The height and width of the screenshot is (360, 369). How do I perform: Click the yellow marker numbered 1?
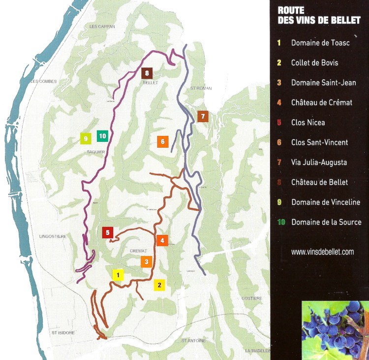[118, 275]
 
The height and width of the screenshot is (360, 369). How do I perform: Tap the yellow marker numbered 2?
[158, 284]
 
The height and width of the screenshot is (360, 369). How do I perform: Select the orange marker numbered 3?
[146, 262]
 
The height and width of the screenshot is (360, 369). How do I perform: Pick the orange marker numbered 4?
[162, 240]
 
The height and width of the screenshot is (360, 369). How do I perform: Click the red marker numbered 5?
[108, 232]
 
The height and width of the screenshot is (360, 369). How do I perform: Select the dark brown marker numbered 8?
[147, 73]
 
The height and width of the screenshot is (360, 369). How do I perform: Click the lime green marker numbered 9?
[86, 138]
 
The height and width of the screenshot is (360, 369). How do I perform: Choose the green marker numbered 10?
[102, 135]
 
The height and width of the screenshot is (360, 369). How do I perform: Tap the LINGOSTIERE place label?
[52, 237]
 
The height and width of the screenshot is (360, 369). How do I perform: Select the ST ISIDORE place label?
[63, 333]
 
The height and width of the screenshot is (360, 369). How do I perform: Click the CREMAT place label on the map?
[139, 251]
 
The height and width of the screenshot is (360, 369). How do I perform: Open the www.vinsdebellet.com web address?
[322, 252]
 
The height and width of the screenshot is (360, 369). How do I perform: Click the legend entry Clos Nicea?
[307, 123]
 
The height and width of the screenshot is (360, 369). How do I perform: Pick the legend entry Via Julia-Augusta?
[319, 163]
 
